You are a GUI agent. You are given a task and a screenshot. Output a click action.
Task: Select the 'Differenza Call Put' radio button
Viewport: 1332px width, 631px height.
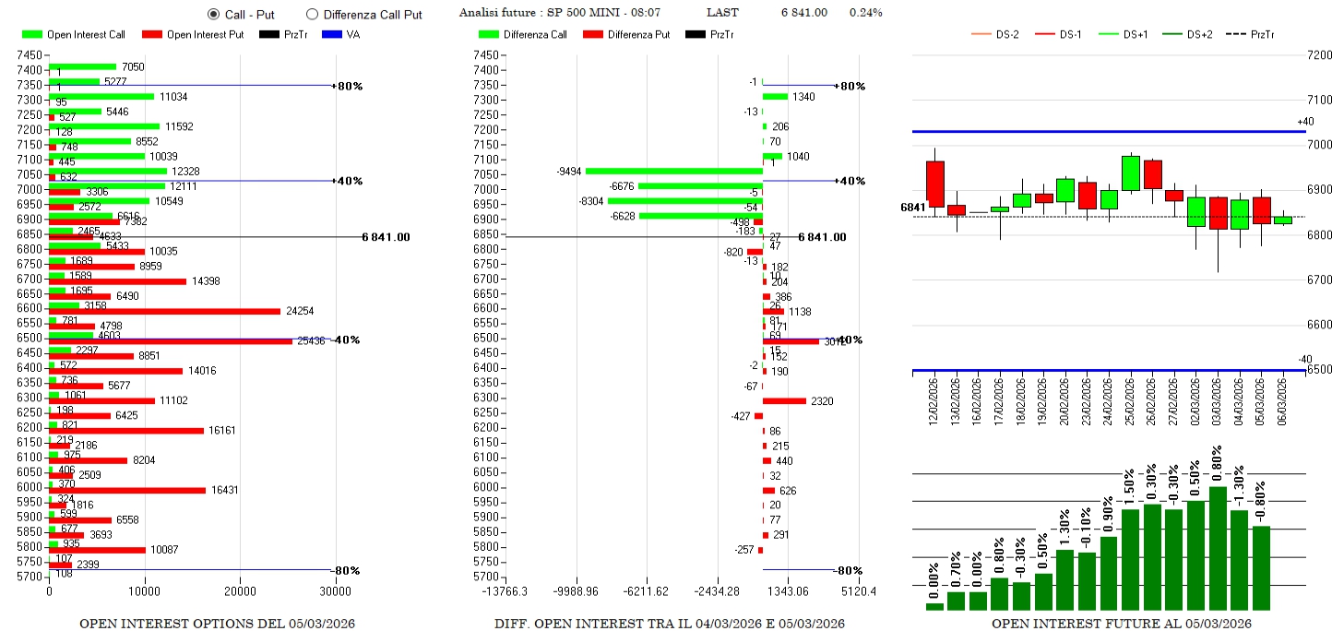point(312,14)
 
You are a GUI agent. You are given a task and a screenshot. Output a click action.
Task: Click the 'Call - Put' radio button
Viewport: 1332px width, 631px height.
point(214,14)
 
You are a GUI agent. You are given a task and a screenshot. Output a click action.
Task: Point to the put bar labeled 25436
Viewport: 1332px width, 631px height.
point(171,341)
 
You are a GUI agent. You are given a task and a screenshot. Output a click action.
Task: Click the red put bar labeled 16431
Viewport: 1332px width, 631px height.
point(127,490)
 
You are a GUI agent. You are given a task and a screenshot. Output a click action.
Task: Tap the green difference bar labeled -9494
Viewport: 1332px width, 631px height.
point(673,171)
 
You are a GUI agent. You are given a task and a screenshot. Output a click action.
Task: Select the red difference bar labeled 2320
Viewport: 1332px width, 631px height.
point(784,400)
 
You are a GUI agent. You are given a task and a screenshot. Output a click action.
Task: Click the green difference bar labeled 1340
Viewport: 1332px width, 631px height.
point(775,96)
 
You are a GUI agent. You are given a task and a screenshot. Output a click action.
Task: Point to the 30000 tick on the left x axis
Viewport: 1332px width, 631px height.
point(334,590)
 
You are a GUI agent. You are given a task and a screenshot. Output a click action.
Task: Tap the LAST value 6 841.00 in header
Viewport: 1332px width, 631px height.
point(803,13)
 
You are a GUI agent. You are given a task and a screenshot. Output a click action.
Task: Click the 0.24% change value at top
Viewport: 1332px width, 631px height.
point(865,13)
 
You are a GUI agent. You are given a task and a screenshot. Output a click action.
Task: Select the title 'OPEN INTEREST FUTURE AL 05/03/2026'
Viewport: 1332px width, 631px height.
point(1121,624)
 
